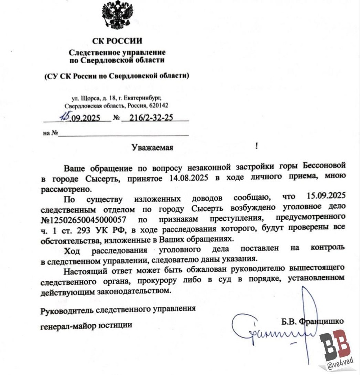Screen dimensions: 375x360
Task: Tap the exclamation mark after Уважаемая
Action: (x=256, y=146)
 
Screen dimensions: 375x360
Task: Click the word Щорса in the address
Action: (x=89, y=98)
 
